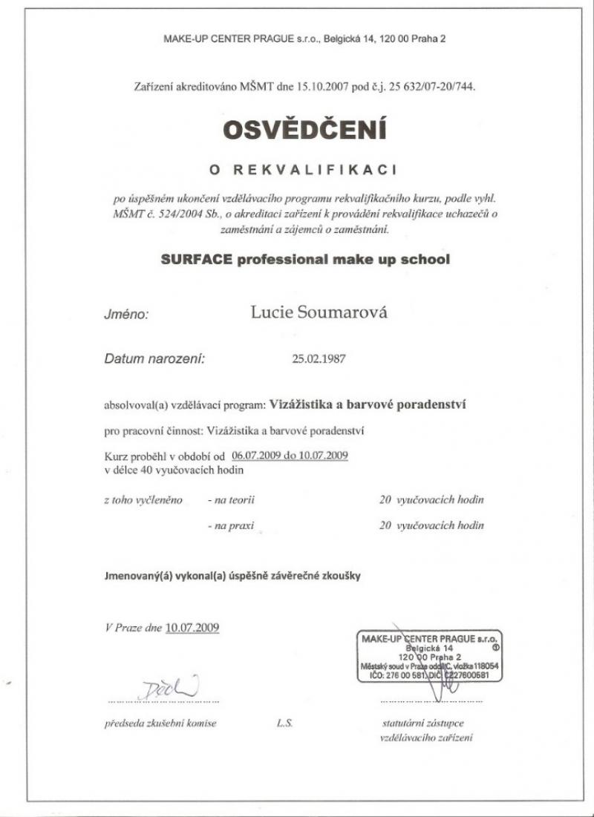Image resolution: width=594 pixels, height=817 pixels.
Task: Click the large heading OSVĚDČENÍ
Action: point(304,129)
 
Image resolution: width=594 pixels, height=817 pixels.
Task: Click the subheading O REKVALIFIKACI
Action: point(304,169)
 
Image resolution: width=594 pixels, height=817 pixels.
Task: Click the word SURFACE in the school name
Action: point(195,260)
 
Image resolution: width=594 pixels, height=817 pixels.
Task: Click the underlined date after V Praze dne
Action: point(192,627)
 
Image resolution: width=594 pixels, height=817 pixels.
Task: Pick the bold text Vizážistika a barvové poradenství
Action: point(368,405)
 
